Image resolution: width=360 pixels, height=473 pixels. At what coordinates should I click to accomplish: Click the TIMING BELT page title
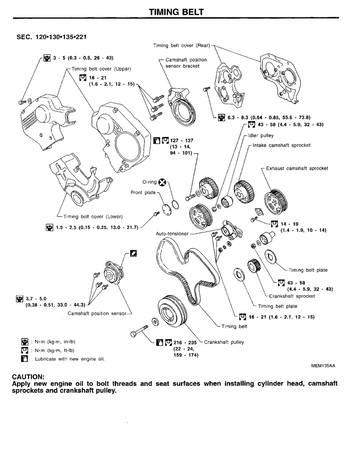180,10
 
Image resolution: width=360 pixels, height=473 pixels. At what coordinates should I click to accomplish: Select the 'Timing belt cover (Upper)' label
78,69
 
